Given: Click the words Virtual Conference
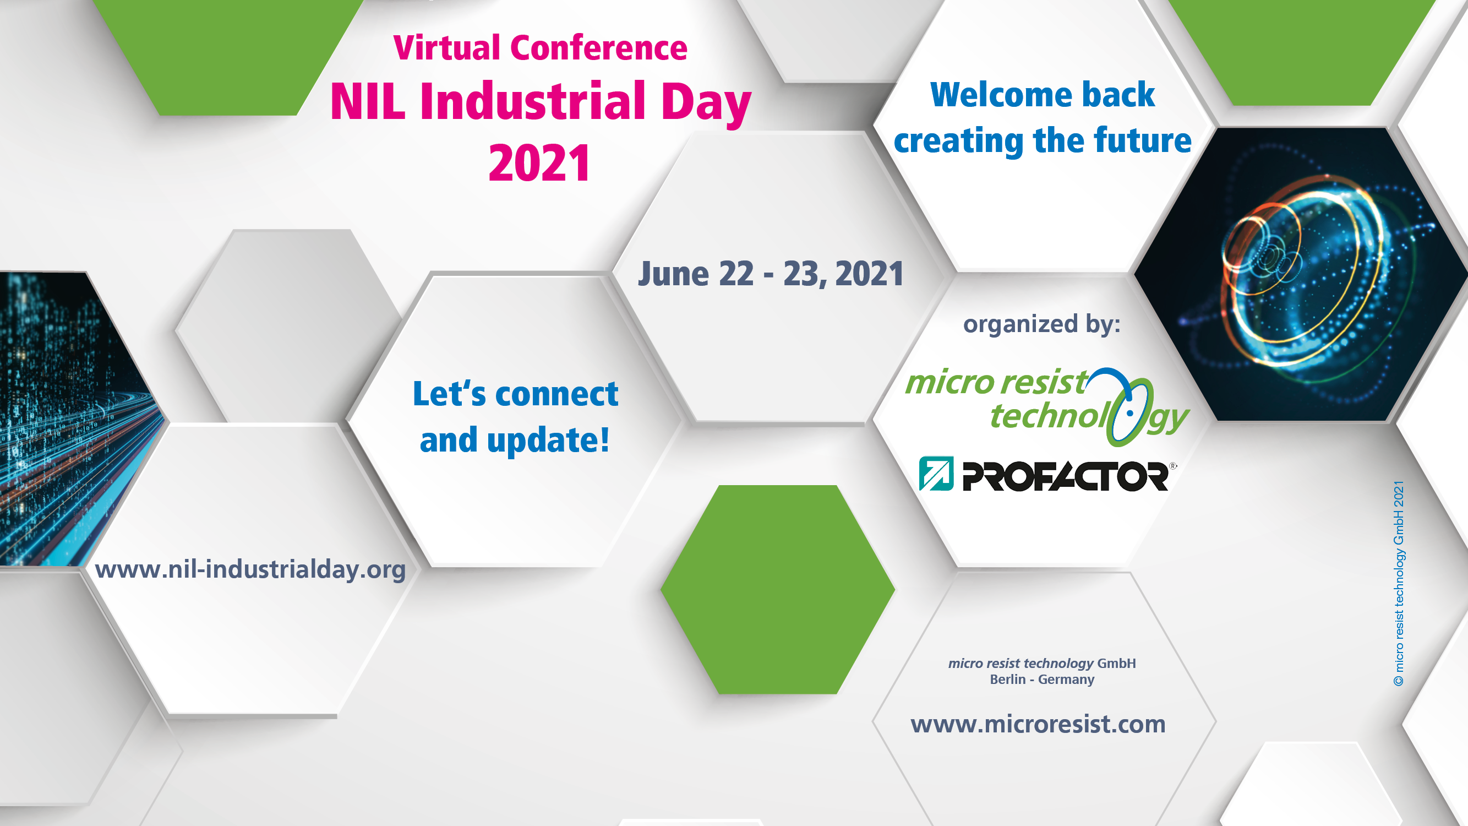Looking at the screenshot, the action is pyautogui.click(x=540, y=47).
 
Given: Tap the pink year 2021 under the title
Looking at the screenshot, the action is pyautogui.click(x=539, y=163).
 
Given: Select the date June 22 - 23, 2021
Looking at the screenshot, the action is pyautogui.click(x=771, y=274).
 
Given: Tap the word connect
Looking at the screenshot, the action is pyautogui.click(x=557, y=394).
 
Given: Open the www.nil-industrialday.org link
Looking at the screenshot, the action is pyautogui.click(x=250, y=569).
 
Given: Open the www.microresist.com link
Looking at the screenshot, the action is pyautogui.click(x=1038, y=724).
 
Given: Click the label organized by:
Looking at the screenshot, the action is pyautogui.click(x=1042, y=324).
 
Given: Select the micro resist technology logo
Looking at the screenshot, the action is pyautogui.click(x=1047, y=406).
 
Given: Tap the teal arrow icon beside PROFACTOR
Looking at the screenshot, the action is pyautogui.click(x=936, y=474).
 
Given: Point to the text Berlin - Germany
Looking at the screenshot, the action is pyautogui.click(x=1042, y=680).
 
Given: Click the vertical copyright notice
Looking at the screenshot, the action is pyautogui.click(x=1399, y=583).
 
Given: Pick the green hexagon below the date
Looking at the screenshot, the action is pyautogui.click(x=778, y=589).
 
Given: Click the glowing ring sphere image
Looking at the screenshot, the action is pyautogui.click(x=1305, y=274).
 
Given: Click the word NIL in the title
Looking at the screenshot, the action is pyautogui.click(x=368, y=101).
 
